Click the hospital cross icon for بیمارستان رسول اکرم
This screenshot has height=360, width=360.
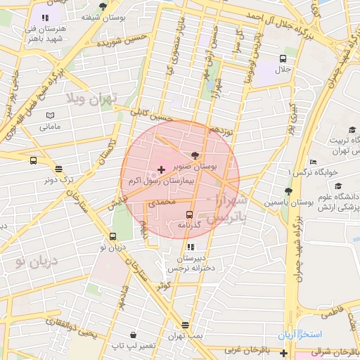click(x=162, y=169)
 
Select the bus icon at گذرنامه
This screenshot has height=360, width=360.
click(x=189, y=213)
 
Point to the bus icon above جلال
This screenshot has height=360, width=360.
click(x=282, y=59)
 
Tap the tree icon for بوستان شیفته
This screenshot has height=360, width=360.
click(x=103, y=6)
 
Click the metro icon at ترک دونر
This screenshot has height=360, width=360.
click(x=58, y=168)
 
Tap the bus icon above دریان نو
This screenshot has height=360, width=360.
click(x=112, y=236)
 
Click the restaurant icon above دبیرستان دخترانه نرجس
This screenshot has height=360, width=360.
click(x=190, y=247)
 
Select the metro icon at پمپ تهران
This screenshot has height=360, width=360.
click(x=185, y=325)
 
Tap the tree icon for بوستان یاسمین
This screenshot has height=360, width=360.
click(x=288, y=191)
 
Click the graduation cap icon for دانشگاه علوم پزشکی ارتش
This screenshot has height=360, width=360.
click(x=338, y=186)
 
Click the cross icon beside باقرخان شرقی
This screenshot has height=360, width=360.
click(x=283, y=350)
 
